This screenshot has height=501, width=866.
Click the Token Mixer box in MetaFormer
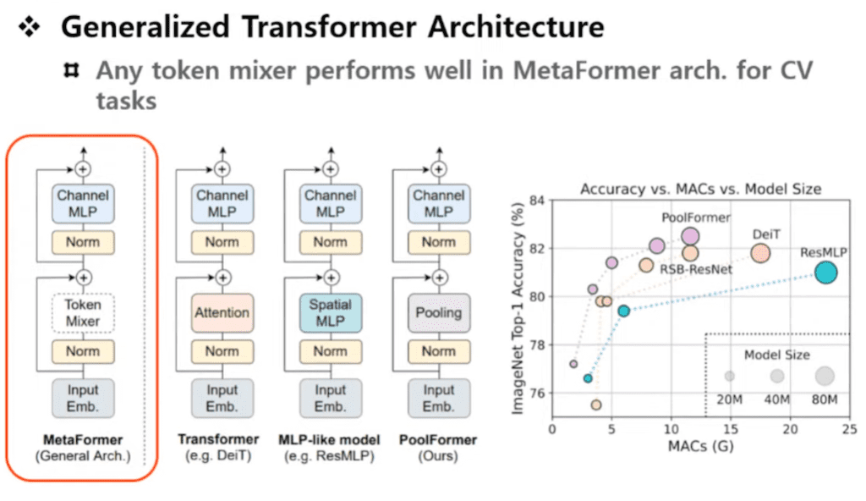click(83, 312)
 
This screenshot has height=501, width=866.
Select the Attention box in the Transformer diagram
click(222, 312)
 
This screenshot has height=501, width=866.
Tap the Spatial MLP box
click(330, 312)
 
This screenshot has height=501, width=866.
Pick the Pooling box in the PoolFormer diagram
click(438, 312)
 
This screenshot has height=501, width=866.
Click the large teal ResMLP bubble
click(825, 273)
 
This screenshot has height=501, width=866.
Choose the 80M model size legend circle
click(825, 375)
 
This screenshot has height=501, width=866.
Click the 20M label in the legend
click(729, 399)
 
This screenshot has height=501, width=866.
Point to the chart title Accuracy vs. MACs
click(700, 189)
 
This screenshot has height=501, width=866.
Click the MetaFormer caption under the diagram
click(83, 439)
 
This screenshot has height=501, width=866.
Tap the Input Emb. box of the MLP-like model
click(330, 397)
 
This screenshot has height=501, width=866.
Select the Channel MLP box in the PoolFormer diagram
click(438, 204)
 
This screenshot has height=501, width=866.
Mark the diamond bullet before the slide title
click(30, 27)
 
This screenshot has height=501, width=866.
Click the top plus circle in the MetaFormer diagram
click(83, 169)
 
